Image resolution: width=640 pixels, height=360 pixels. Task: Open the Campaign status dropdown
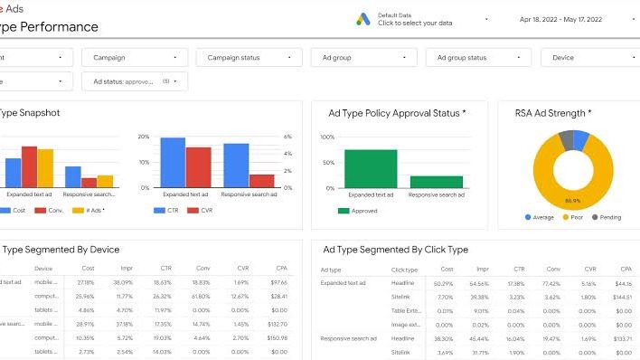click(x=249, y=58)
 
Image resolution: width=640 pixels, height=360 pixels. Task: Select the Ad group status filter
click(x=478, y=58)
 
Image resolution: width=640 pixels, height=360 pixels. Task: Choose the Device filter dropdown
click(x=587, y=58)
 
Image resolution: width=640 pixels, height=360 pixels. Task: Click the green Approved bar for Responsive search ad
click(x=436, y=181)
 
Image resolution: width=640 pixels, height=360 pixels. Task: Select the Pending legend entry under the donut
click(x=606, y=217)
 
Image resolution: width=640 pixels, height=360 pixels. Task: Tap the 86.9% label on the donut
click(x=572, y=200)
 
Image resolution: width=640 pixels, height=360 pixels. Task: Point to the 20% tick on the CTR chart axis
click(x=144, y=137)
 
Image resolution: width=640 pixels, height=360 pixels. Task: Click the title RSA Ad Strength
click(x=553, y=113)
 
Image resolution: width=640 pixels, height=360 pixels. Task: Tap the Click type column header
click(x=404, y=270)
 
